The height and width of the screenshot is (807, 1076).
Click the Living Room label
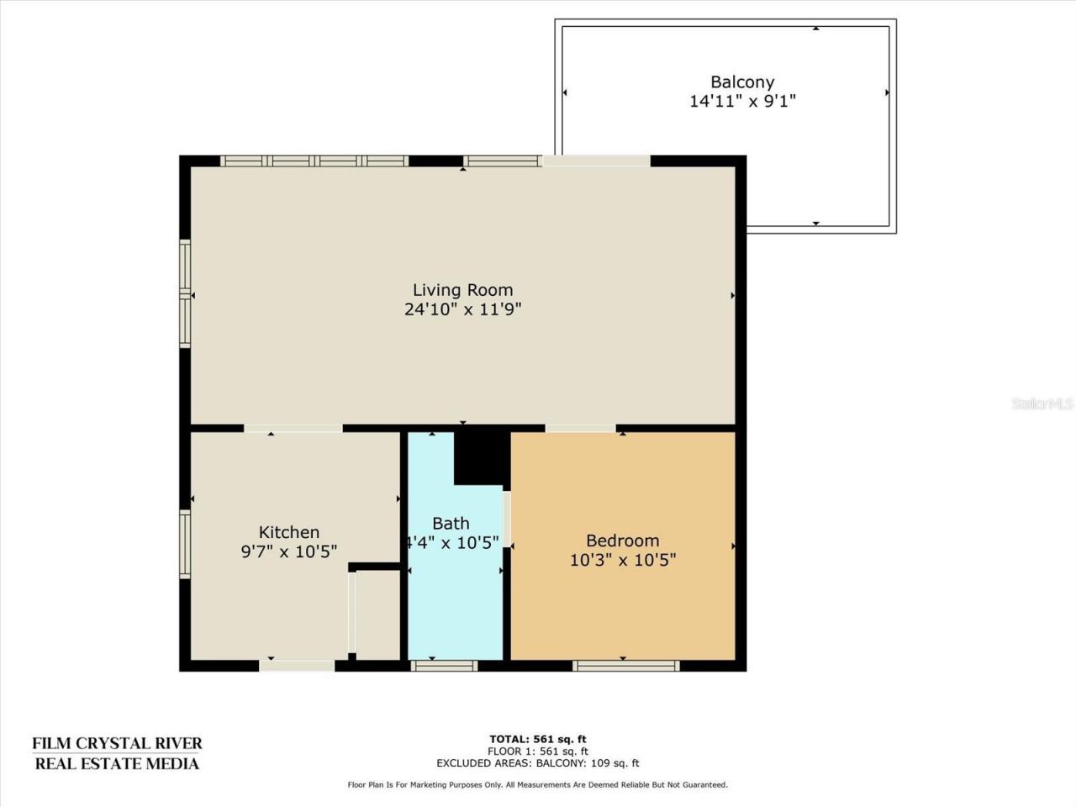click(x=462, y=290)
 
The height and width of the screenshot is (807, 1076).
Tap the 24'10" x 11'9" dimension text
click(x=462, y=309)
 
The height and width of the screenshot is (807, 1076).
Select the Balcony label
click(x=741, y=82)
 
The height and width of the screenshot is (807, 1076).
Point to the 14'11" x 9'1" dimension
click(x=741, y=101)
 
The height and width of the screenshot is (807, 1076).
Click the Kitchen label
click(x=288, y=532)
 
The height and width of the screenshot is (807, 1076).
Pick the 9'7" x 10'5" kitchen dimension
click(x=288, y=551)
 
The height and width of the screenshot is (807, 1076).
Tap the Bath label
click(x=451, y=523)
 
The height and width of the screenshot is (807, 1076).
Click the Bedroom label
click(x=622, y=541)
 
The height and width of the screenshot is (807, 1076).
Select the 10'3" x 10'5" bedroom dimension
click(x=622, y=560)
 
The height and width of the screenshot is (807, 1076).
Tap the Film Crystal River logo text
click(x=117, y=753)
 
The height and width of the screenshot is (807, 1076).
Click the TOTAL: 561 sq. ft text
click(x=538, y=739)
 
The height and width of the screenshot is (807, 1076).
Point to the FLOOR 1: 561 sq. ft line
click(x=538, y=752)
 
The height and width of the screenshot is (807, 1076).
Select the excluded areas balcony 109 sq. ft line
click(x=538, y=763)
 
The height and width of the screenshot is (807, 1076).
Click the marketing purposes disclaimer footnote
click(x=538, y=785)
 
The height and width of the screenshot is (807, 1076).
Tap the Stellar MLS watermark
click(x=1042, y=404)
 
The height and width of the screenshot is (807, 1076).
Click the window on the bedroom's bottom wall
click(x=625, y=666)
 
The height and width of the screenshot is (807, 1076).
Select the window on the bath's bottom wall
click(x=444, y=666)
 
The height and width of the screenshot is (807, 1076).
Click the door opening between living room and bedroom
click(x=580, y=428)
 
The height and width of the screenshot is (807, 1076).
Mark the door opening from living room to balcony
click(x=596, y=161)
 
